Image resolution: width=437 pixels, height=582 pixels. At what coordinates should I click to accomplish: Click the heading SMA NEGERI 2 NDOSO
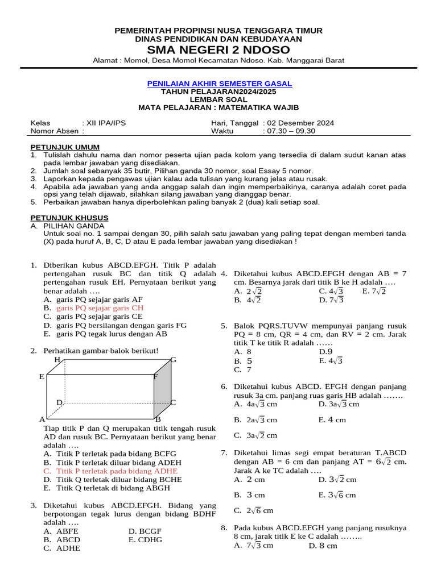(218, 50)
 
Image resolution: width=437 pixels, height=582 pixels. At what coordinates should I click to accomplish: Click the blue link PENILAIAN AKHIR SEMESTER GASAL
(219, 84)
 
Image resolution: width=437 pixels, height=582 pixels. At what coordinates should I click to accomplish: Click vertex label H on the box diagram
(57, 360)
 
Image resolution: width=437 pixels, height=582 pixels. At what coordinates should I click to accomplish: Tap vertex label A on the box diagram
(42, 419)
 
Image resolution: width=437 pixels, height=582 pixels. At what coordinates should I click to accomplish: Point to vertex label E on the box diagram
(42, 377)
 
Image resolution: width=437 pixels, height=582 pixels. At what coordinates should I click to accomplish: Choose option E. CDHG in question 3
(145, 539)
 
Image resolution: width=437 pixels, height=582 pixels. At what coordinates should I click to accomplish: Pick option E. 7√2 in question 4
(374, 291)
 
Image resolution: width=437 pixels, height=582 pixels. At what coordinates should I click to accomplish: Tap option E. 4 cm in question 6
(332, 420)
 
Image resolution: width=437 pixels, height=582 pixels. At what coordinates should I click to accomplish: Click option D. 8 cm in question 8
(323, 546)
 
